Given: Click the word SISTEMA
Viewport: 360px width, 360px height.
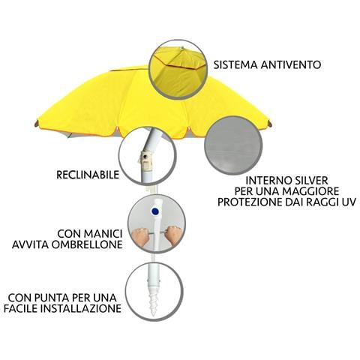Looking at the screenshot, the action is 235,64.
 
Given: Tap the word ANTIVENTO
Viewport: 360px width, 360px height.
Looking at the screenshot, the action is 291,64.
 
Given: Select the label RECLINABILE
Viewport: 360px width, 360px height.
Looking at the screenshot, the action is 88,175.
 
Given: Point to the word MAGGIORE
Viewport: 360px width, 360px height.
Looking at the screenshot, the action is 310,191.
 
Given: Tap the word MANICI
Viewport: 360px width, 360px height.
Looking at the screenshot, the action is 103,234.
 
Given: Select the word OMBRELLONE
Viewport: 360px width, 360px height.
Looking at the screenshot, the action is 85,244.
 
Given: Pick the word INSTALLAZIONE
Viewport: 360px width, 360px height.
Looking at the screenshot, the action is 81,308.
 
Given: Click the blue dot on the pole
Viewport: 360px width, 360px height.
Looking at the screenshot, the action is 155,211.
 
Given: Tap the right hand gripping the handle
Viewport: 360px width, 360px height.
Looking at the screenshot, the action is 173,235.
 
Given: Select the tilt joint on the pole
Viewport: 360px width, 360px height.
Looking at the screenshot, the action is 147,160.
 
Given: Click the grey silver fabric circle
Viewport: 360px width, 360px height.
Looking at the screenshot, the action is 233,145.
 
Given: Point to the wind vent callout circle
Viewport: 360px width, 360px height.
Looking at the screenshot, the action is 178,69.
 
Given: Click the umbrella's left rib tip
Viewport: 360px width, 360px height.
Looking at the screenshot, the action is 37,123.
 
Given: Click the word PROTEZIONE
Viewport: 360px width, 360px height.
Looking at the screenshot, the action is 250,202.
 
